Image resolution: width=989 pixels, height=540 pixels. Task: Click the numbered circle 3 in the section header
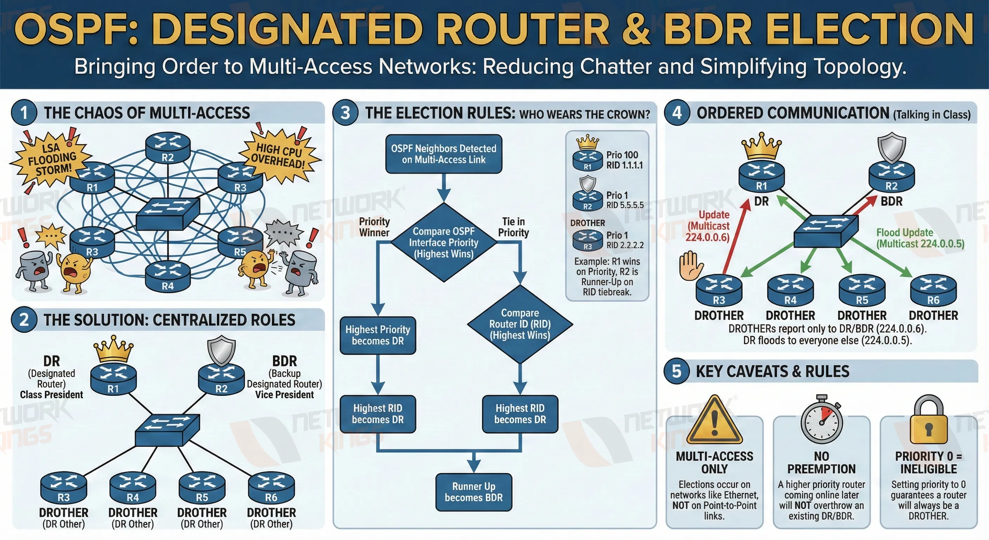(345, 113)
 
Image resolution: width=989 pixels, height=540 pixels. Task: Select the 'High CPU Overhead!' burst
(279, 156)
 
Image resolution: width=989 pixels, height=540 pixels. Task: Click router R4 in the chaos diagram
(168, 276)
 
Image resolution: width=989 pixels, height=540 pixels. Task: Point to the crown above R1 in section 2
(113, 349)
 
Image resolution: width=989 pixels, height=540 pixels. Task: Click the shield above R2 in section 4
(891, 147)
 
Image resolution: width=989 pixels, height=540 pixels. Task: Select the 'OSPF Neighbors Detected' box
(444, 154)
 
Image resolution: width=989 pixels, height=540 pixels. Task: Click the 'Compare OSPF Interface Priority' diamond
(444, 243)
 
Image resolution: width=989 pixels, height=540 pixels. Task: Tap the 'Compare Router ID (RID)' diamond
(520, 324)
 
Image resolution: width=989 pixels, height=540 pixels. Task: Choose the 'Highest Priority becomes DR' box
(378, 335)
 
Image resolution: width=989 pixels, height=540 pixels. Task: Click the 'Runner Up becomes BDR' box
(473, 492)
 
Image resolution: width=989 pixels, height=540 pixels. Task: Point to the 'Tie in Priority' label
(513, 227)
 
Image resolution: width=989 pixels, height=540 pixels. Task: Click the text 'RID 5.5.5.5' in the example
(625, 205)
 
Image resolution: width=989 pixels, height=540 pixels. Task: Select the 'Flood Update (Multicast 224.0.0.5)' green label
(919, 238)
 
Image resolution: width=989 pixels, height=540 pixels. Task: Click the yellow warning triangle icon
(714, 422)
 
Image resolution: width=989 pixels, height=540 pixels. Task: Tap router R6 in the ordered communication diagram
(933, 290)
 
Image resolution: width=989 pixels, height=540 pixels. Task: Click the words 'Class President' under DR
(51, 395)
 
